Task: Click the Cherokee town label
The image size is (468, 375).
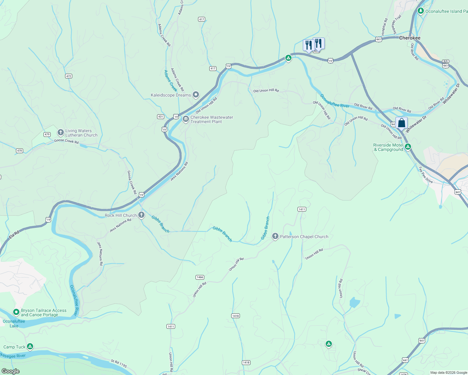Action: click(409, 38)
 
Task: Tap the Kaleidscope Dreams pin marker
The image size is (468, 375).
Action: click(196, 94)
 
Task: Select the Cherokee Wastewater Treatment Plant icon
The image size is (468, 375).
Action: click(186, 119)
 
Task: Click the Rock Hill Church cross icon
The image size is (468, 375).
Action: click(141, 215)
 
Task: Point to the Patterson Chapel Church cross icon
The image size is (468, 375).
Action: click(275, 236)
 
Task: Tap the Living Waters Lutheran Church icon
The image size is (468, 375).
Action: click(61, 132)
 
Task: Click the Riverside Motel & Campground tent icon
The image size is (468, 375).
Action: click(408, 147)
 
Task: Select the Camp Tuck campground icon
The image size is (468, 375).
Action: click(30, 346)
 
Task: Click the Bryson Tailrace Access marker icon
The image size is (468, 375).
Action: click(16, 312)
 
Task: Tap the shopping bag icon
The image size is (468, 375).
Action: click(401, 122)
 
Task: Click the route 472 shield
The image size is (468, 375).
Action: click(69, 76)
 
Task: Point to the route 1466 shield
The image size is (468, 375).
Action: click(200, 277)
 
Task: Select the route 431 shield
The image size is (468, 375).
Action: click(160, 117)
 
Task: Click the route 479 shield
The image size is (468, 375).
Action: click(47, 134)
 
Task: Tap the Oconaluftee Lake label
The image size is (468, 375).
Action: click(14, 323)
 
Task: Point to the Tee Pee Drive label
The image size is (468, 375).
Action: click(425, 175)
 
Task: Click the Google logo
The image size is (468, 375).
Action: click(11, 371)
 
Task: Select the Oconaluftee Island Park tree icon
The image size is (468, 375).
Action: click(421, 11)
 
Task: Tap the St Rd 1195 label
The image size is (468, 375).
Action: click(119, 363)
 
